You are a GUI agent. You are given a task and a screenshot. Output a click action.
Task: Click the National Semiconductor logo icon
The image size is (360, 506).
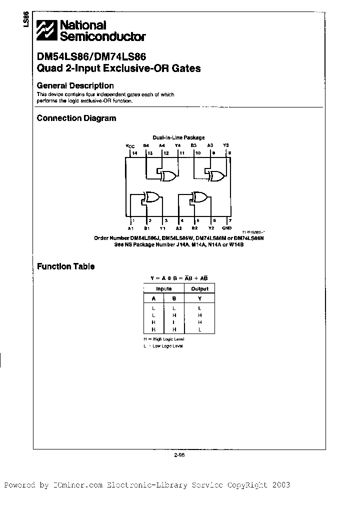tap(47, 30)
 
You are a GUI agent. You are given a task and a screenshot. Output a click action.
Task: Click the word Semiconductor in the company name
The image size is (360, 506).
tap(103, 36)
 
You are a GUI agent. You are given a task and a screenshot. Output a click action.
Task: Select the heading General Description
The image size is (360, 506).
tap(75, 85)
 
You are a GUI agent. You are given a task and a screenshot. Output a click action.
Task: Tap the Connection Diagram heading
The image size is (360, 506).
tap(76, 118)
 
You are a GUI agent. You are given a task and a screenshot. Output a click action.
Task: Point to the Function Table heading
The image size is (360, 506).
tap(65, 266)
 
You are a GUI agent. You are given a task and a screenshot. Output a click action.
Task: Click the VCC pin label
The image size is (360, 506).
tap(130, 146)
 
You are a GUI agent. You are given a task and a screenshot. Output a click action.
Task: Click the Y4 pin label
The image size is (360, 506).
tap(178, 145)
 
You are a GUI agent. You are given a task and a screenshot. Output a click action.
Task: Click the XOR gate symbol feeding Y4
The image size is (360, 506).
tap(167, 175)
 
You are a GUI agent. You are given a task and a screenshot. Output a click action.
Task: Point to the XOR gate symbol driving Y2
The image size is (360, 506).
tap(200, 197)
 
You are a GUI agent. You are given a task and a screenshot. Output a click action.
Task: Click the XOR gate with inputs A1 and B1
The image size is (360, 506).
tap(151, 197)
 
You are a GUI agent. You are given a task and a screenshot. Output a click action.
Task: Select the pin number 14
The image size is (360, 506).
tap(134, 153)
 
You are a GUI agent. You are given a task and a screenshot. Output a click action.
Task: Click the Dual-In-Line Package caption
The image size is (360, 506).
tap(178, 137)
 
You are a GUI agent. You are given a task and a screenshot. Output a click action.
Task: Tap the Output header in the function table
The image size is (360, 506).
tap(199, 288)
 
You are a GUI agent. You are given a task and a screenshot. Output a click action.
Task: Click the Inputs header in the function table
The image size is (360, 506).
tap(163, 288)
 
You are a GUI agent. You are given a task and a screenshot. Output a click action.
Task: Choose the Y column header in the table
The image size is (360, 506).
tap(199, 298)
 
